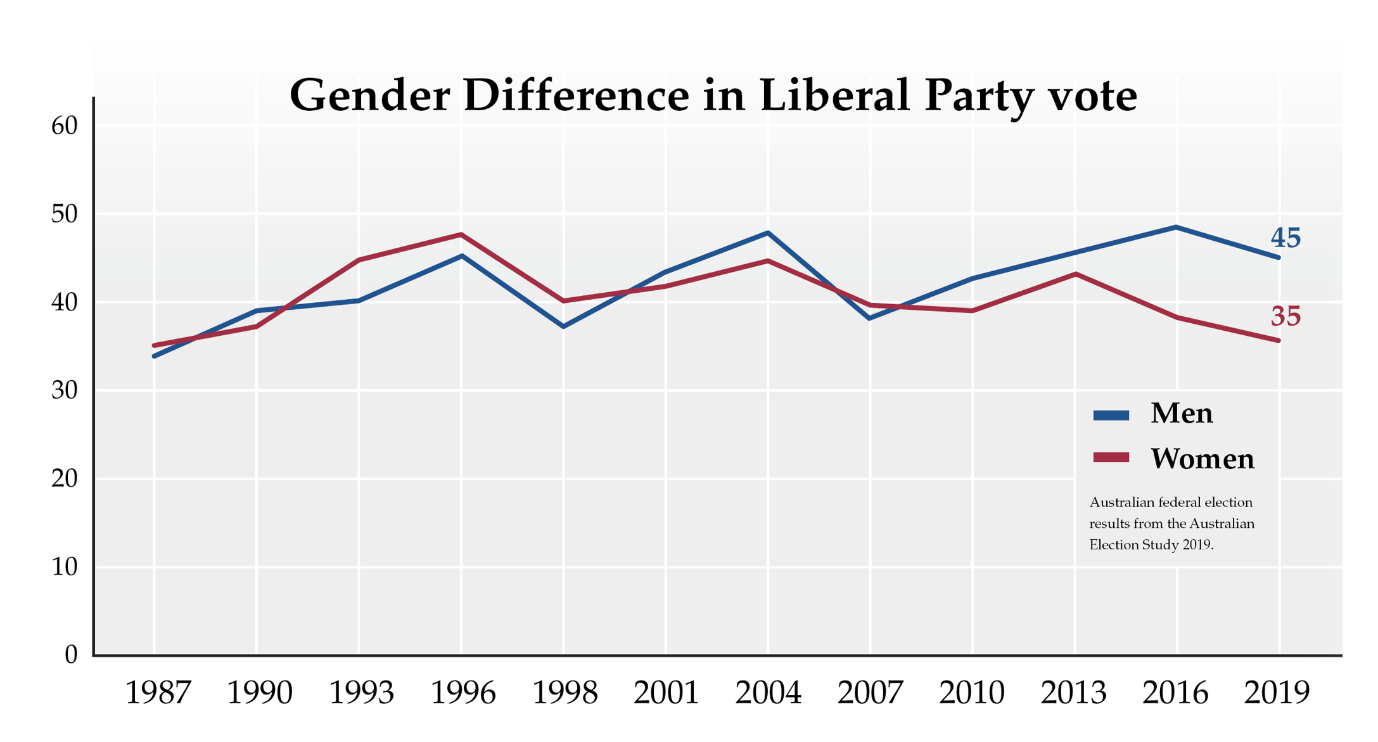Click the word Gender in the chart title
[x=369, y=95]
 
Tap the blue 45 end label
[x=1285, y=238]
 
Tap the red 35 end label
[x=1285, y=316]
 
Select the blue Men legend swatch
[x=1111, y=415]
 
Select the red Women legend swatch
[x=1111, y=457]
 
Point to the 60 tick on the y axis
[x=64, y=126]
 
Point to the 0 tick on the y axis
[x=71, y=655]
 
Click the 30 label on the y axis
[x=64, y=390]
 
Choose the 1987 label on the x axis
[x=157, y=693]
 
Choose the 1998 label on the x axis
[x=564, y=693]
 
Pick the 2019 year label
[x=1277, y=693]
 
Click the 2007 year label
[x=870, y=693]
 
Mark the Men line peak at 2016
[x=1176, y=227]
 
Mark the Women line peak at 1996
[x=461, y=234]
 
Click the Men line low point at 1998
[x=563, y=326]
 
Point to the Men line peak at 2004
[x=768, y=233]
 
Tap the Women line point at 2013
[x=1075, y=274]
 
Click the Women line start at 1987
[x=155, y=345]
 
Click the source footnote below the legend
[x=1171, y=523]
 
